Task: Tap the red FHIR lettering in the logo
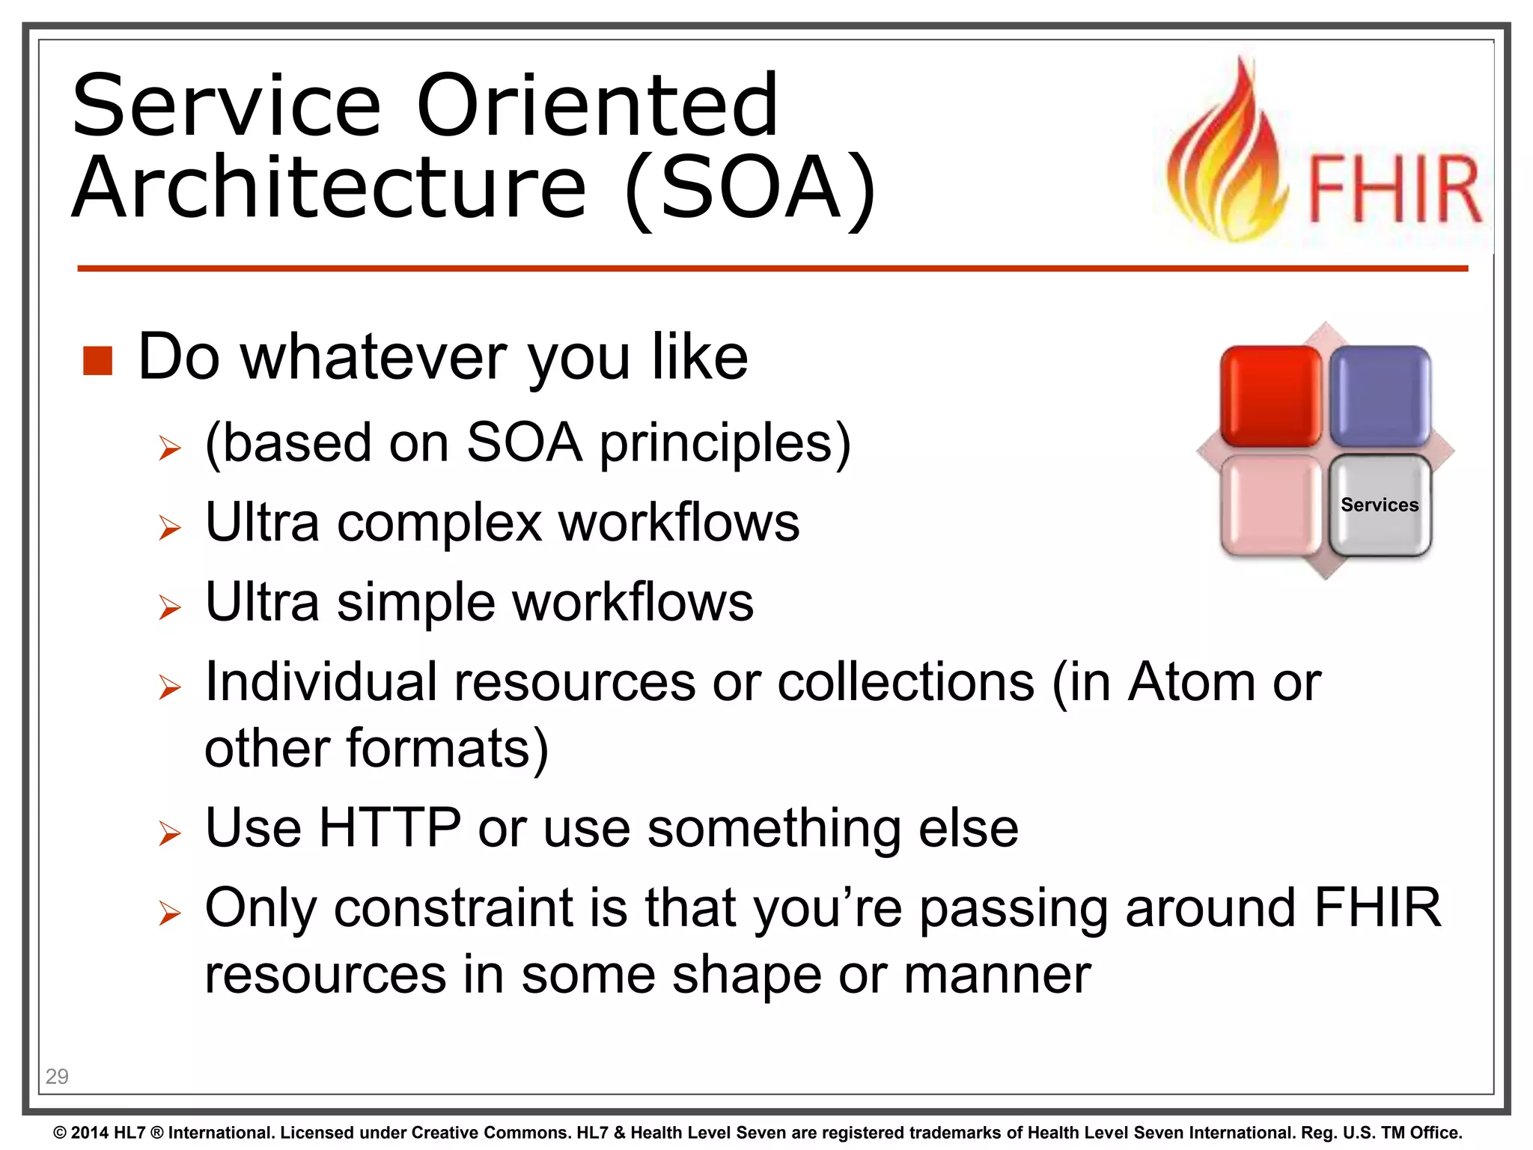click(1395, 190)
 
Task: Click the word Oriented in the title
click(597, 106)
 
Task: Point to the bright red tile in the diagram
click(1270, 396)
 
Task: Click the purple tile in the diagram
click(1380, 396)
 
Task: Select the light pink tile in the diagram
click(1270, 506)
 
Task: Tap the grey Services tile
click(1380, 505)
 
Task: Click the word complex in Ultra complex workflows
click(439, 523)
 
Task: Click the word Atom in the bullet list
click(1192, 683)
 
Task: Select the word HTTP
click(390, 828)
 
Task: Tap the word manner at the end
click(997, 976)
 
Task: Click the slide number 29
click(57, 1077)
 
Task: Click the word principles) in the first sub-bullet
click(725, 443)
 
